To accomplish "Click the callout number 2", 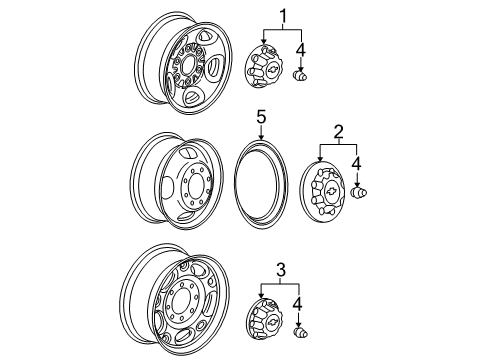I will pyautogui.click(x=338, y=132).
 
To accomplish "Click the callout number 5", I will pyautogui.click(x=260, y=117).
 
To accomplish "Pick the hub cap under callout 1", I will pyautogui.click(x=267, y=71).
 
